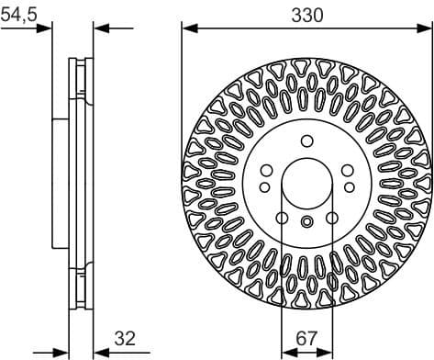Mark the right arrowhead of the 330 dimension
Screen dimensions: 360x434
click(427, 28)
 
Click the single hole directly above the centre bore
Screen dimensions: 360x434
click(307, 141)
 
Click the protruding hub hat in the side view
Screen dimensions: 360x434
click(60, 180)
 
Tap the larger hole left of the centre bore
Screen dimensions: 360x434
click(266, 170)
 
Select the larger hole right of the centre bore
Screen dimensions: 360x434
click(349, 170)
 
